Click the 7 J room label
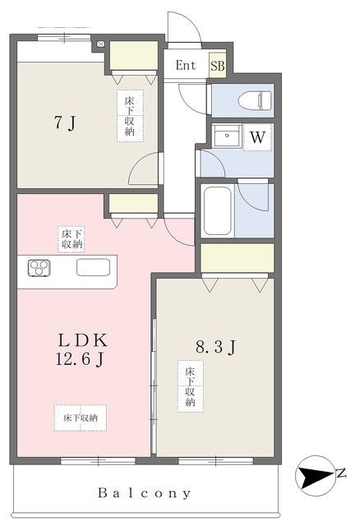65,124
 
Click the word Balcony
145,493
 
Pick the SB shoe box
218,67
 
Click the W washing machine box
257,137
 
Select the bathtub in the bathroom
217,211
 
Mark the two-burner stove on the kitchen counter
39,267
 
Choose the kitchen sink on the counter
91,268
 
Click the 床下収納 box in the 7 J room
131,116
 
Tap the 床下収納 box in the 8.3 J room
190,385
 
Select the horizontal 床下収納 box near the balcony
81,418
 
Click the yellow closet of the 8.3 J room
237,258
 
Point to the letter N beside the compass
340,473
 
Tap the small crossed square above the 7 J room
100,43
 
